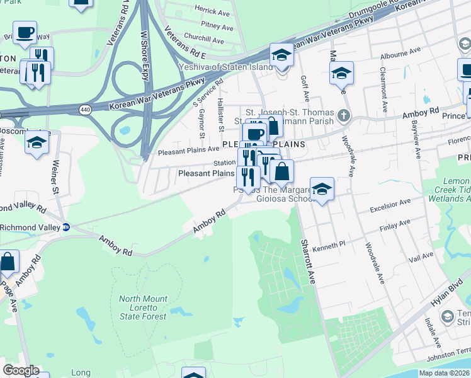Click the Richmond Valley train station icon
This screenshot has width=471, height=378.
point(66,227)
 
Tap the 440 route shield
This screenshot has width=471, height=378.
point(84,110)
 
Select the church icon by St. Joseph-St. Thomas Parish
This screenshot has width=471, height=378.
point(343,116)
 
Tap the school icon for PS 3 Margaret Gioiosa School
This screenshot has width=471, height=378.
point(322,189)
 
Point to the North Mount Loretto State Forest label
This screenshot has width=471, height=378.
point(143,307)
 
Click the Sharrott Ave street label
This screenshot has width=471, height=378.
point(307,261)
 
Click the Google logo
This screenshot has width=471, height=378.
point(21,370)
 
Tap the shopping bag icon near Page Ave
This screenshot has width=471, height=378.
point(8,262)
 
